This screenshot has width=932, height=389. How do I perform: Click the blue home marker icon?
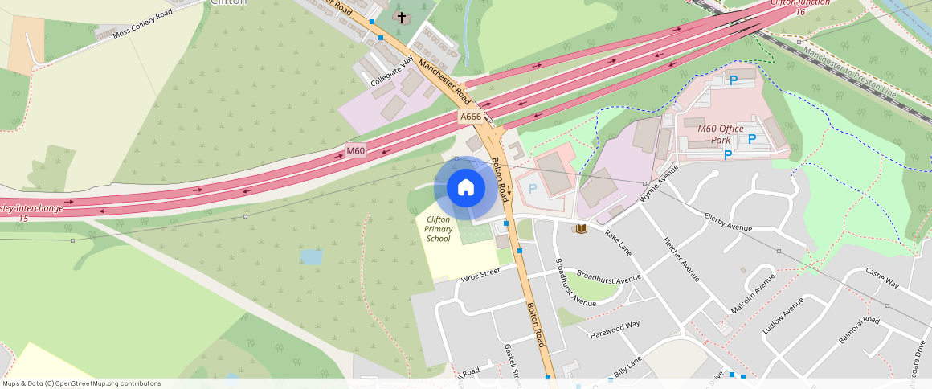pyautogui.click(x=465, y=188)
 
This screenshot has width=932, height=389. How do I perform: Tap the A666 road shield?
pyautogui.click(x=471, y=117)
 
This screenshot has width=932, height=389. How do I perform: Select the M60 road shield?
pyautogui.click(x=356, y=150)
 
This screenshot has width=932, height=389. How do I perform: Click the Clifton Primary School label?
pyautogui.click(x=439, y=229)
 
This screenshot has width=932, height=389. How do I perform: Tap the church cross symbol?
pyautogui.click(x=402, y=17)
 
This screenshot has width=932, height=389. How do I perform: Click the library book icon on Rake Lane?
pyautogui.click(x=581, y=229)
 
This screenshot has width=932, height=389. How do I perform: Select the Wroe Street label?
pyautogui.click(x=480, y=275)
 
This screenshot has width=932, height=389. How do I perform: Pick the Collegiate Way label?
pyautogui.click(x=392, y=72)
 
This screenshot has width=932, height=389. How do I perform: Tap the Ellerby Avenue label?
pyautogui.click(x=728, y=222)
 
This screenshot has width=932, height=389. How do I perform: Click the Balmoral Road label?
pyautogui.click(x=860, y=330)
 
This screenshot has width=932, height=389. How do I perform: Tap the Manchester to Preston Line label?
pyautogui.click(x=851, y=71)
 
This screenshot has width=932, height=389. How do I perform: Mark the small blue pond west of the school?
pyautogui.click(x=311, y=257)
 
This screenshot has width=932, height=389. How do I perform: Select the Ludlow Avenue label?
pyautogui.click(x=783, y=317)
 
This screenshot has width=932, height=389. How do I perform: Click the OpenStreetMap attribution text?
pyautogui.click(x=81, y=383)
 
